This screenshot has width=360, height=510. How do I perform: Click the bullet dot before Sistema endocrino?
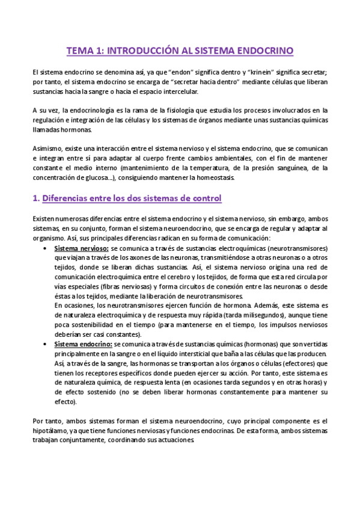47,344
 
